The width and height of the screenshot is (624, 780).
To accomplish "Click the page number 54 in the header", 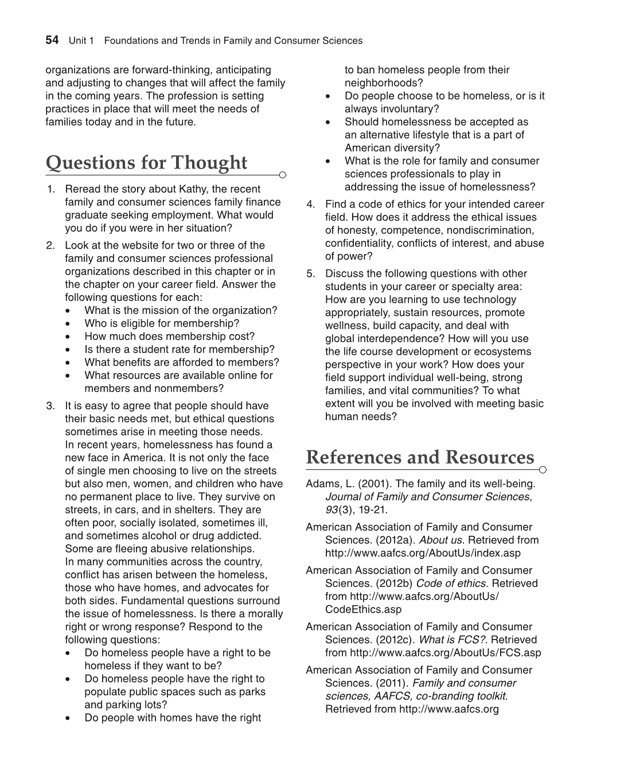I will click(52, 40).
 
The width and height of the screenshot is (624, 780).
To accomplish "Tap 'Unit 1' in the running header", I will click(81, 41).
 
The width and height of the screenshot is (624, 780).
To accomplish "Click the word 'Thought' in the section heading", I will click(209, 163).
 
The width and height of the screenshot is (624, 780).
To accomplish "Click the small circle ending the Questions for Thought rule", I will click(282, 175).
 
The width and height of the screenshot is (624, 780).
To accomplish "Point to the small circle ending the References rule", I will click(543, 470).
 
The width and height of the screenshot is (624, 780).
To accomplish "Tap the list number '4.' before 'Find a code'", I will click(310, 205).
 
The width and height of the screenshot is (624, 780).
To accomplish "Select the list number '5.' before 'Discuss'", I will click(310, 274).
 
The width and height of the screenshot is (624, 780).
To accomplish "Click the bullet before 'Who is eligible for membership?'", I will click(69, 324).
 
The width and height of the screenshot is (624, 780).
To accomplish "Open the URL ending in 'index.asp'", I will click(423, 553).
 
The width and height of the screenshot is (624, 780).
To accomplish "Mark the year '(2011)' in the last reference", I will click(391, 683).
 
